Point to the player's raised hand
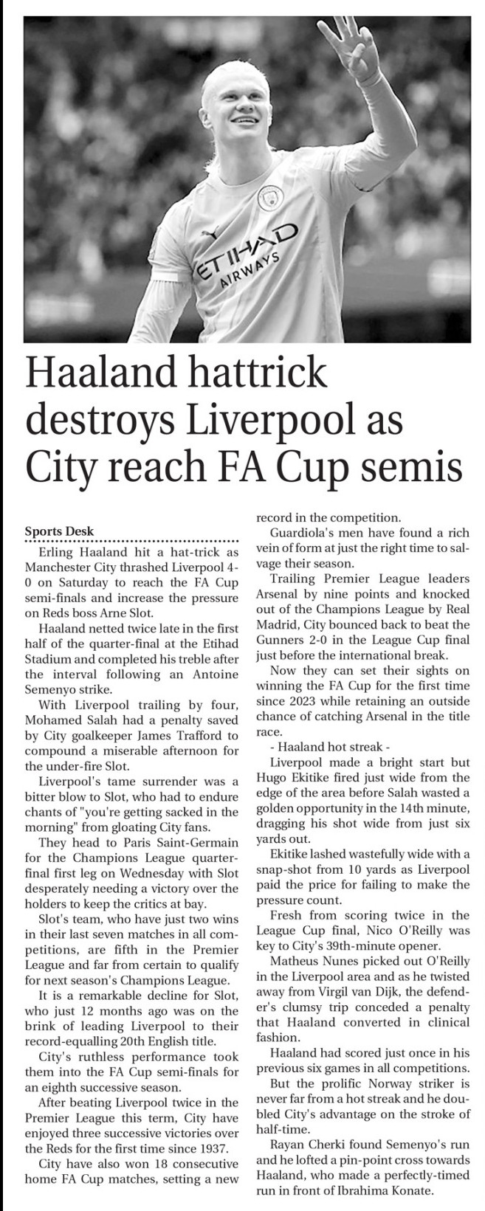[351, 44]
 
